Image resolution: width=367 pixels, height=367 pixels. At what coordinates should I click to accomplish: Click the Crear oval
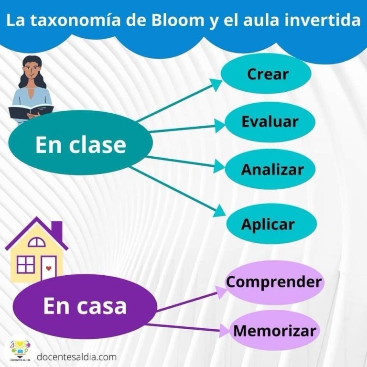click(266, 74)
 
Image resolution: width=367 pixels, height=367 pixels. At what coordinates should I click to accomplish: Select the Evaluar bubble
click(270, 122)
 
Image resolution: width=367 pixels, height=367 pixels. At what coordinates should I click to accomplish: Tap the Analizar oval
click(270, 169)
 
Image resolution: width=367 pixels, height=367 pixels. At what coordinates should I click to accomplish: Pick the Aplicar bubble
click(271, 224)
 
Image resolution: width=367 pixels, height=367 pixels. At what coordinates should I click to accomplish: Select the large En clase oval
click(80, 142)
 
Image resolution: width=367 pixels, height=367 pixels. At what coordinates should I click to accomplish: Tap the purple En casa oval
click(85, 306)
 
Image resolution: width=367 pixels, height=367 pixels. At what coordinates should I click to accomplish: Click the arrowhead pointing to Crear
click(216, 84)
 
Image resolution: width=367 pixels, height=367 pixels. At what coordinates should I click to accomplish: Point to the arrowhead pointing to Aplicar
click(219, 211)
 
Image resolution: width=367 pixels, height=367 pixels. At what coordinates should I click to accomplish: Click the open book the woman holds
click(31, 111)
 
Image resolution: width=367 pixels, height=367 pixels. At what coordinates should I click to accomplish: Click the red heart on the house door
click(48, 268)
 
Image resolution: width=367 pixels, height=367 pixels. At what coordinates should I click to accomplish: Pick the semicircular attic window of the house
click(36, 242)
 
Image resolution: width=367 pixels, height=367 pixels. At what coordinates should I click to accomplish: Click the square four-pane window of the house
click(26, 264)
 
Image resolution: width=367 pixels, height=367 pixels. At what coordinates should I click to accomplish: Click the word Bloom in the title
click(178, 20)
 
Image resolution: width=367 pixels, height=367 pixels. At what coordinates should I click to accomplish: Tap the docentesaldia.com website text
click(77, 357)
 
